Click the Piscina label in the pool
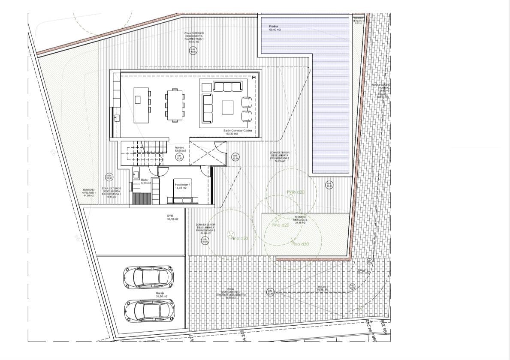pyautogui.click(x=275, y=28)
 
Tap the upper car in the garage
pyautogui.click(x=148, y=277)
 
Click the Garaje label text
pyautogui.click(x=161, y=294)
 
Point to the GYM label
pyautogui.click(x=172, y=217)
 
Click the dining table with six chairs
pyautogui.click(x=175, y=105)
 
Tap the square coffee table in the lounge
pyautogui.click(x=228, y=107)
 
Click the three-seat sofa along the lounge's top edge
pyautogui.click(x=228, y=87)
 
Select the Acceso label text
pyautogui.click(x=180, y=149)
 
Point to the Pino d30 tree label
pyautogui.click(x=300, y=244)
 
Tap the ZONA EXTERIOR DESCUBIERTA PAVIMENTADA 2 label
pyautogui.click(x=280, y=156)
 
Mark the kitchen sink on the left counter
pyautogui.click(x=116, y=117)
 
